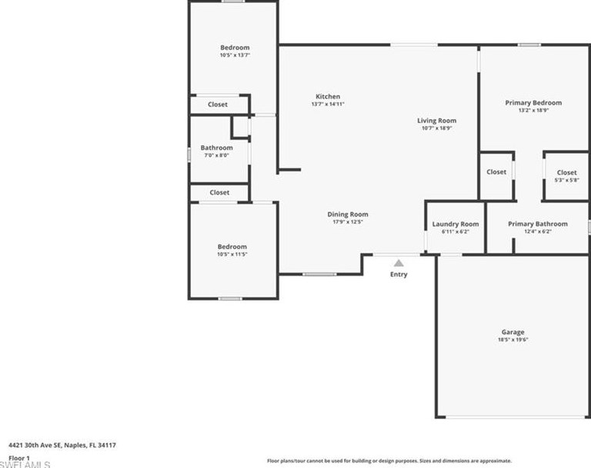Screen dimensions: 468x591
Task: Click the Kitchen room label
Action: click(327, 97)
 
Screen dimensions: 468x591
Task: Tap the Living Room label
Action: click(436, 121)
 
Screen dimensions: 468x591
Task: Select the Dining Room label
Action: click(348, 214)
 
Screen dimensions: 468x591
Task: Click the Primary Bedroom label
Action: click(533, 102)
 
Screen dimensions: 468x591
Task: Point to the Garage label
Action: click(513, 332)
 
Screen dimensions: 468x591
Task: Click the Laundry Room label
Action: click(455, 224)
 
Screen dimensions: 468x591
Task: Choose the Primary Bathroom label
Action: click(537, 224)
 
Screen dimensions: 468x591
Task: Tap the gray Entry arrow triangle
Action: click(399, 263)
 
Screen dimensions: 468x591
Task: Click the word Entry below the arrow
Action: click(399, 274)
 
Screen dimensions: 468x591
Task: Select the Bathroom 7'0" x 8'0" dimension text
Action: click(216, 155)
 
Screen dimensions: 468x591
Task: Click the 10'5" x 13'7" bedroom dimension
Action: click(235, 55)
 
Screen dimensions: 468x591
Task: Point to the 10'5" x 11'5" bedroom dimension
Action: click(232, 254)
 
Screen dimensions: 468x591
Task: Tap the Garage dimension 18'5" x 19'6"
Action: click(513, 340)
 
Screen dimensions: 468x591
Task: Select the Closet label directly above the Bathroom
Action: click(218, 105)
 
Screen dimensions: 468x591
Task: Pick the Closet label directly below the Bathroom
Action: click(219, 193)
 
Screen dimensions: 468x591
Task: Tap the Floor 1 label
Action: click(20, 457)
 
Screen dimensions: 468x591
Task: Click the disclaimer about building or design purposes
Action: click(383, 460)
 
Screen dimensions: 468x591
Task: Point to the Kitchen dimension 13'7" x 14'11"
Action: click(327, 105)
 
